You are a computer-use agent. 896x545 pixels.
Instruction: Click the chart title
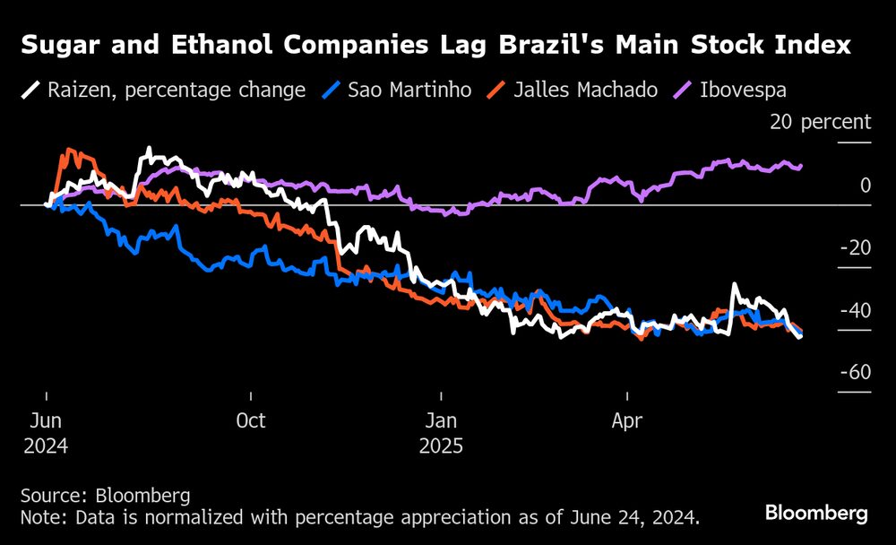click(x=435, y=46)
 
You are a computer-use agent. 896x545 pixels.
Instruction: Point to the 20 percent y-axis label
click(x=820, y=122)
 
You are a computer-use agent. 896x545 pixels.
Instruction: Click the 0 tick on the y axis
click(x=865, y=185)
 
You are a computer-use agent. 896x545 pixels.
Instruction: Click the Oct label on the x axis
click(x=251, y=420)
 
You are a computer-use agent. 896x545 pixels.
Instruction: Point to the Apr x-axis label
click(x=627, y=420)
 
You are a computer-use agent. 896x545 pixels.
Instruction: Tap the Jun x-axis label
click(x=46, y=420)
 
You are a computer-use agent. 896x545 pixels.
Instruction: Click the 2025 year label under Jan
click(x=442, y=446)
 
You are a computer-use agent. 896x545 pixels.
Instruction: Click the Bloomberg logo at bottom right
click(x=816, y=514)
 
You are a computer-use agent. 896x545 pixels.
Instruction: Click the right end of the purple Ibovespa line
click(x=800, y=166)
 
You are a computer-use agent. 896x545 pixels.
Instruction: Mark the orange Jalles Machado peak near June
click(x=70, y=150)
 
